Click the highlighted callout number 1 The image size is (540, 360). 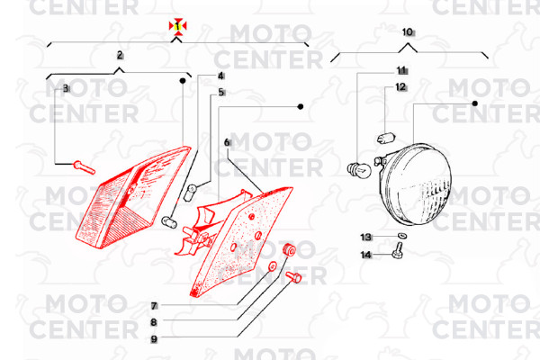177,26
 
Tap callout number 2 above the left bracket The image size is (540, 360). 120,55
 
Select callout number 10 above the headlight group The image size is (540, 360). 408,32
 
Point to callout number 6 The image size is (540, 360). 227,142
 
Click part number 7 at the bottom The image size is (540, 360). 154,305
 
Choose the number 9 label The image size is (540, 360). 154,339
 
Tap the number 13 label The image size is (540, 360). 366,237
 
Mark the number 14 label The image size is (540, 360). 366,255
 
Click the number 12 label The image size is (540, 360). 400,86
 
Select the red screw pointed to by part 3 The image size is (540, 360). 85,167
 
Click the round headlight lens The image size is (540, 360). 418,184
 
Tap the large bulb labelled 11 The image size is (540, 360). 359,170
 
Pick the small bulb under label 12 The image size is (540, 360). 386,138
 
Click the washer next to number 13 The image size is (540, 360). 401,236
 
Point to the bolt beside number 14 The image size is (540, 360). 398,250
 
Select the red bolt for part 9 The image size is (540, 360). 293,276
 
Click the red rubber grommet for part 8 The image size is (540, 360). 289,249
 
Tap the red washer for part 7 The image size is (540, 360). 273,266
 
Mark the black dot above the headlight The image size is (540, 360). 475,103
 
